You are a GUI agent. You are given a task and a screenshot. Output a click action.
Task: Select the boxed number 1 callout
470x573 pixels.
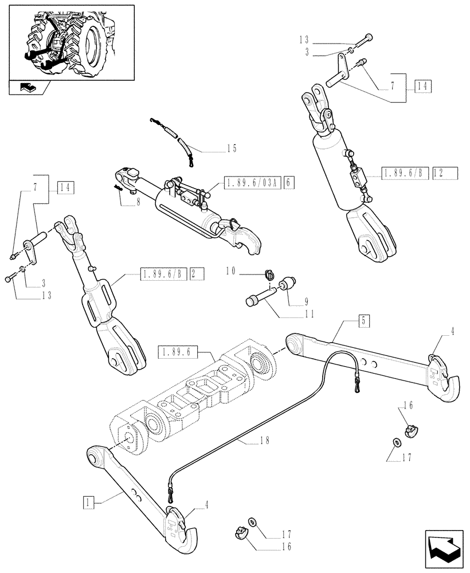coord(87,504)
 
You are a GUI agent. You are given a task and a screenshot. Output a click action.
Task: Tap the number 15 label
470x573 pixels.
coord(231,148)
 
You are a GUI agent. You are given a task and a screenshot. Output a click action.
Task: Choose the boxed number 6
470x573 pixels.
coord(288,183)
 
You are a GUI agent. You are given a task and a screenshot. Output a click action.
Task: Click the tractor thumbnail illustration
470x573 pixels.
coord(72,43)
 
